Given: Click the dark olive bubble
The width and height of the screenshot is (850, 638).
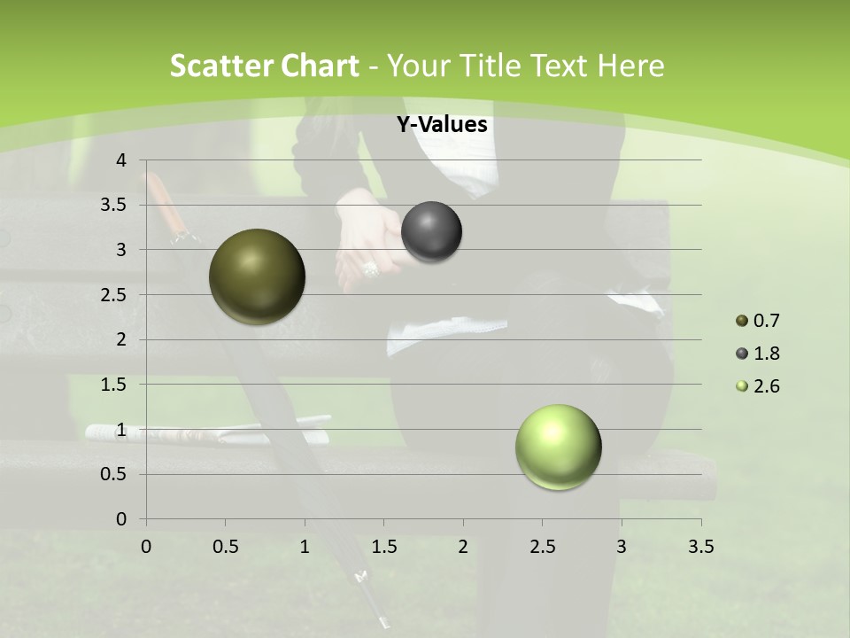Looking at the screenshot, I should coord(258,276).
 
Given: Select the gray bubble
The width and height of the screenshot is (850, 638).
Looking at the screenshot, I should coord(431,232).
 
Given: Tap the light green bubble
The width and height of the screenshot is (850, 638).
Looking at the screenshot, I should coord(559,447).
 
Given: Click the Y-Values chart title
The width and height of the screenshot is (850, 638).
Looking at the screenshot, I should coord(441,125).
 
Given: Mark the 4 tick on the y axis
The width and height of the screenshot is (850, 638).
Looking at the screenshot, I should coord(120,159).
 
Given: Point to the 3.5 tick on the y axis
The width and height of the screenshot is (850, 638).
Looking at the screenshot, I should coord(114,205).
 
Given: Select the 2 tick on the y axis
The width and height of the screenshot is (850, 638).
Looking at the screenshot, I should coord(120,339).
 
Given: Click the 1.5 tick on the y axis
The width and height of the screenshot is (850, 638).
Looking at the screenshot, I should coord(114,385).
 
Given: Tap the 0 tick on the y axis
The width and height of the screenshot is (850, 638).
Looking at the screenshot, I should coord(120,518).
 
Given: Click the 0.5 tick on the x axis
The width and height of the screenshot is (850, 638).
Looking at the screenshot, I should coord(225,546).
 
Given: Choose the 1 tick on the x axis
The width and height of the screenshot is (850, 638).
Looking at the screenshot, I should coord(305,546).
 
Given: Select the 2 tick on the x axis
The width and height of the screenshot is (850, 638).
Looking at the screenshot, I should coord(463,546).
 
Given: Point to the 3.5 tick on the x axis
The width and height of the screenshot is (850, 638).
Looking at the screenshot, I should coord(700,546).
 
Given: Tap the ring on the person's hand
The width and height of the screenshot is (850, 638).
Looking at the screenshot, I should coord(370,268).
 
